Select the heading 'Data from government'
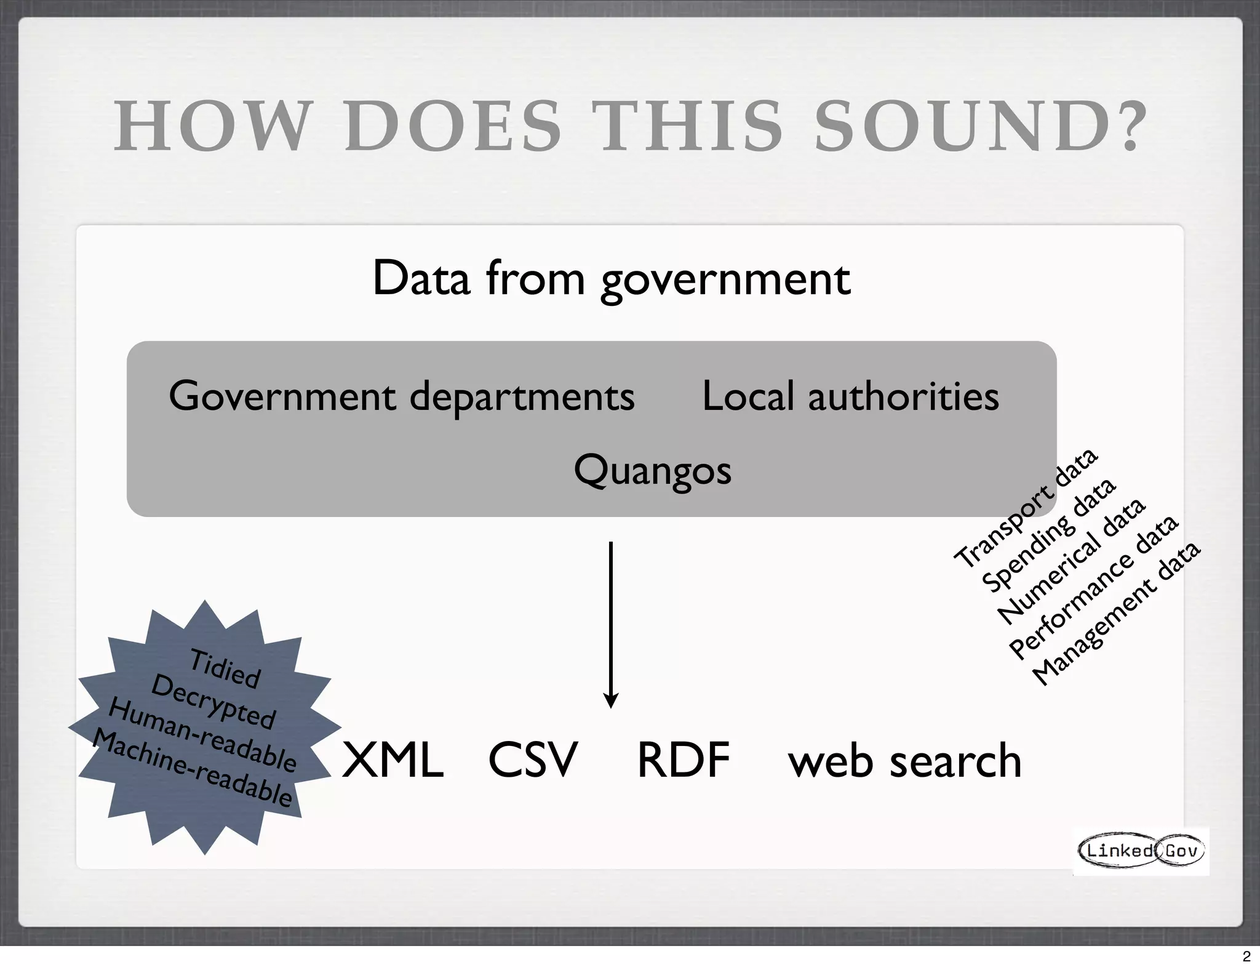point(611,279)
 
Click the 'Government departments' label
point(401,396)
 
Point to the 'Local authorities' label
point(850,396)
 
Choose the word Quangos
point(652,471)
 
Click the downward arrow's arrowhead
point(610,700)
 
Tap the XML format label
point(393,760)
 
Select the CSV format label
point(533,760)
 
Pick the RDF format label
point(683,760)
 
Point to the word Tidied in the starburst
point(225,668)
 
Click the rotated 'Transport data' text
point(1026,508)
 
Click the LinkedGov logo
point(1141,851)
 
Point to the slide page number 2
point(1246,956)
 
